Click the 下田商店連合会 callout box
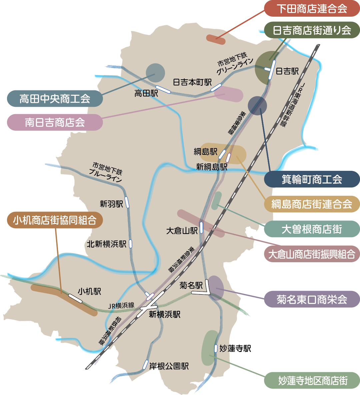[x=312, y=9]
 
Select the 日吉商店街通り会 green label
[x=312, y=30]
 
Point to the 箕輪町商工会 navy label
[x=312, y=179]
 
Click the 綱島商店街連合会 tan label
[x=312, y=204]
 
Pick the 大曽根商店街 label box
[x=312, y=229]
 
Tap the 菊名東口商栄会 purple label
[x=312, y=299]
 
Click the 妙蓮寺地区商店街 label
[x=312, y=381]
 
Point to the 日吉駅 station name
[x=287, y=71]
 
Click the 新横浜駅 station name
[x=165, y=314]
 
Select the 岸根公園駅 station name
[x=169, y=366]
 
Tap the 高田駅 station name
[x=146, y=93]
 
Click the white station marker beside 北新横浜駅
[x=131, y=244]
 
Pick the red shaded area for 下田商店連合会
[x=216, y=39]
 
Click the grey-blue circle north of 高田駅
[x=155, y=73]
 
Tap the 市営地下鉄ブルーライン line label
[x=106, y=172]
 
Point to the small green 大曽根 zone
[x=217, y=201]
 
